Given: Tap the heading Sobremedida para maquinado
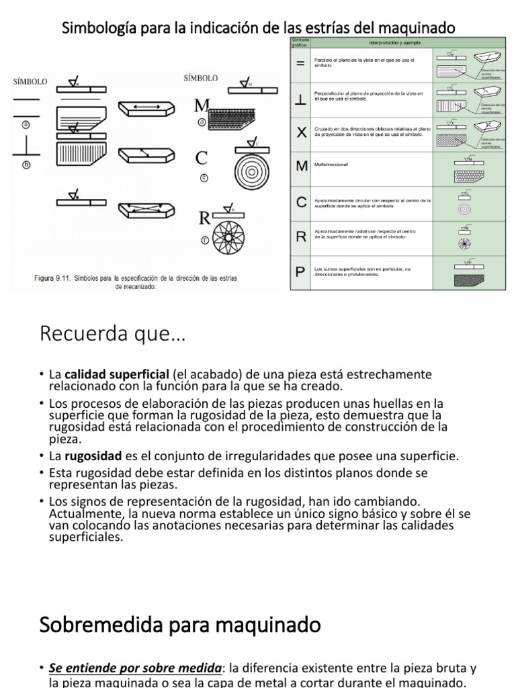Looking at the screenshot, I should tap(180, 625).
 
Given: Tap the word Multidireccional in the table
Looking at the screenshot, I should tap(334, 164).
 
